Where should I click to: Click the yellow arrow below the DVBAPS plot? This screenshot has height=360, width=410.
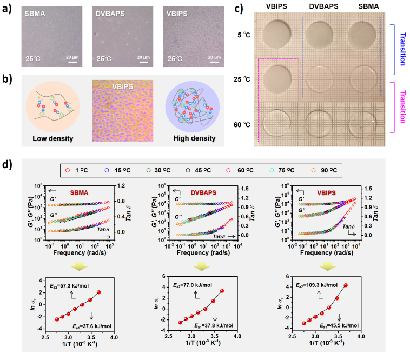pos(201,265)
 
